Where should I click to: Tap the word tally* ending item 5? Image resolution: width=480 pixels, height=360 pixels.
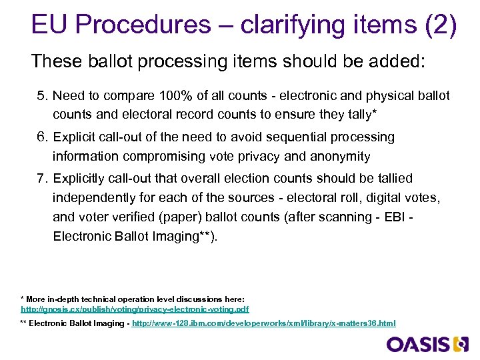(x=360, y=115)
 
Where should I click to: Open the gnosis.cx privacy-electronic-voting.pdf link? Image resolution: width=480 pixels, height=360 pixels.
(x=135, y=309)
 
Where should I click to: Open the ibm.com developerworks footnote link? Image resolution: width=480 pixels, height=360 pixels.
(x=264, y=323)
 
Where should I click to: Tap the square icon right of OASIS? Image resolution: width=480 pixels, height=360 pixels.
(x=461, y=345)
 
